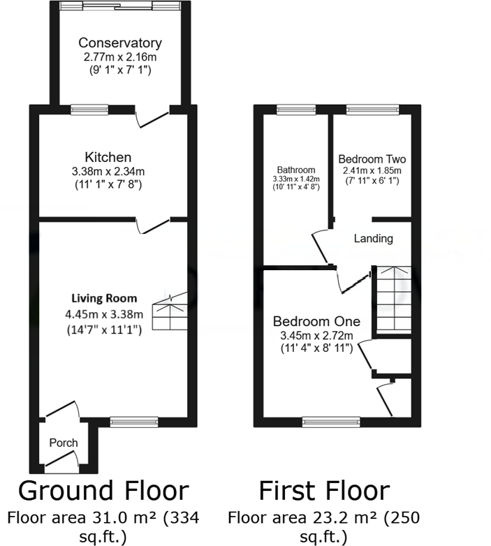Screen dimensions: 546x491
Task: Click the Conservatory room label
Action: click(120, 43)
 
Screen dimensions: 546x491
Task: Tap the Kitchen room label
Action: click(108, 157)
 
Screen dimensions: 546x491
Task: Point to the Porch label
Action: click(64, 443)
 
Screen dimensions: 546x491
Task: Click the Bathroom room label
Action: click(295, 170)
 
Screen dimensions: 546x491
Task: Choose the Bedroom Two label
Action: click(371, 158)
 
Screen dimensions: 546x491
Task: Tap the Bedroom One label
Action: click(316, 322)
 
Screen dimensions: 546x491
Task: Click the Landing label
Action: click(373, 239)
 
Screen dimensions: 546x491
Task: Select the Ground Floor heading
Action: click(103, 491)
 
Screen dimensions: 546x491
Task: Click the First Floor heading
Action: click(324, 491)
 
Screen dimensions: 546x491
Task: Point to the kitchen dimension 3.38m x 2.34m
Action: click(108, 172)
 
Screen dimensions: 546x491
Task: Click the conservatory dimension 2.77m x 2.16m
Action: click(120, 57)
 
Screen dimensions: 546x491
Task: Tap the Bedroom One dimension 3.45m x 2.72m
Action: click(316, 336)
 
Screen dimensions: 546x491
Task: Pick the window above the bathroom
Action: click(295, 108)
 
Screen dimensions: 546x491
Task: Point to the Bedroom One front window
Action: click(331, 421)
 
